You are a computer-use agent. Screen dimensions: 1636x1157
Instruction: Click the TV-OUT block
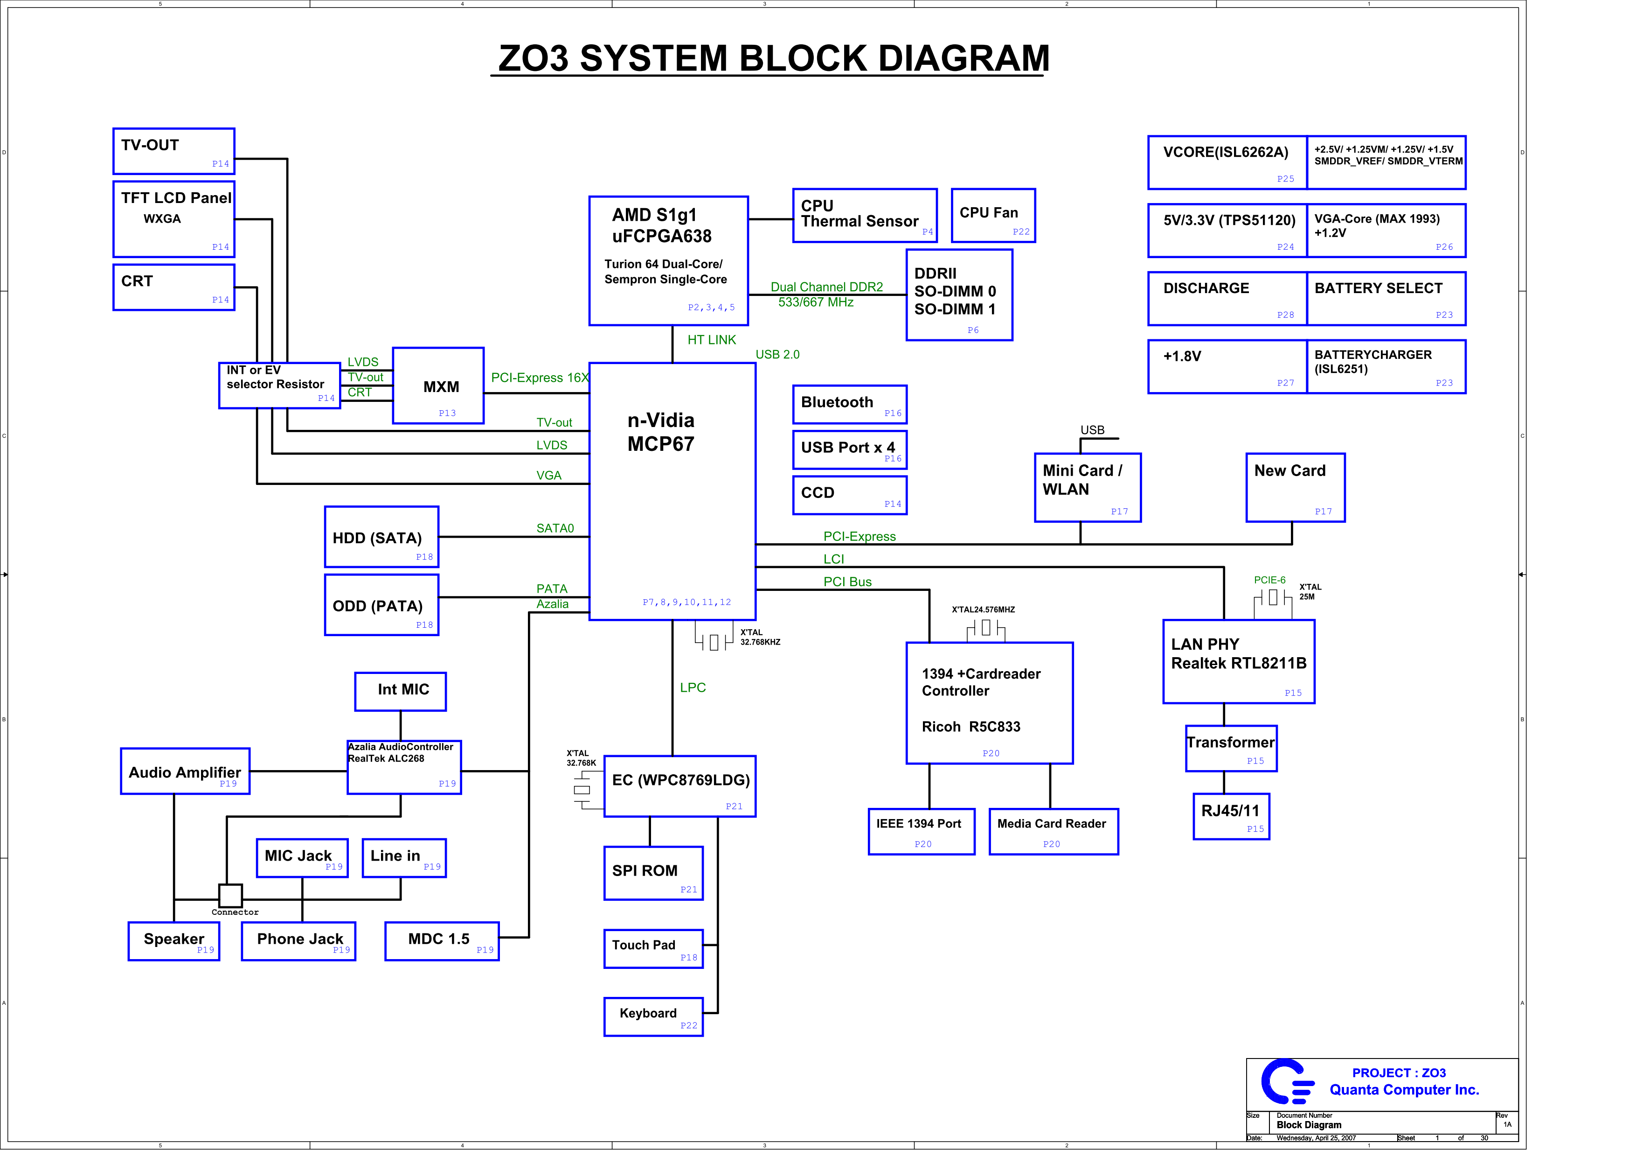pyautogui.click(x=174, y=151)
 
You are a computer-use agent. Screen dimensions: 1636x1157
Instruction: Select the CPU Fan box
pyautogui.click(x=993, y=215)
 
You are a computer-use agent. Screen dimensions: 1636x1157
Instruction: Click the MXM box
pyautogui.click(x=438, y=386)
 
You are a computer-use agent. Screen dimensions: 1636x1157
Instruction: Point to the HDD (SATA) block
pyautogui.click(x=382, y=537)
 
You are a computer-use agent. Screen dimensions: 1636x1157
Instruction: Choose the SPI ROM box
pyautogui.click(x=653, y=873)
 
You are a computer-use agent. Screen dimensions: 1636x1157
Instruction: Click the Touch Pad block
pyautogui.click(x=653, y=949)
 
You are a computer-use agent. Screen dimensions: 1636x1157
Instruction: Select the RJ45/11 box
pyautogui.click(x=1231, y=816)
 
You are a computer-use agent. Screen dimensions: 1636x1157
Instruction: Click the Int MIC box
pyautogui.click(x=401, y=692)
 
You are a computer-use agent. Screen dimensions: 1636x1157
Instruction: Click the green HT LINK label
pyautogui.click(x=711, y=340)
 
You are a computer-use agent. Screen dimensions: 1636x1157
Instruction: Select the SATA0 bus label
pyautogui.click(x=555, y=528)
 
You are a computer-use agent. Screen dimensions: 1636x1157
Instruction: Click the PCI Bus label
pyautogui.click(x=847, y=582)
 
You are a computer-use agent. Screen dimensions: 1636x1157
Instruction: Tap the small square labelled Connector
pyautogui.click(x=230, y=895)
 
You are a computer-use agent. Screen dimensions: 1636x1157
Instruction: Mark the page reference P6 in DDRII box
pyautogui.click(x=973, y=330)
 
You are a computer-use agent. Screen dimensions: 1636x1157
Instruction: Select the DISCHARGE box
pyautogui.click(x=1227, y=299)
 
